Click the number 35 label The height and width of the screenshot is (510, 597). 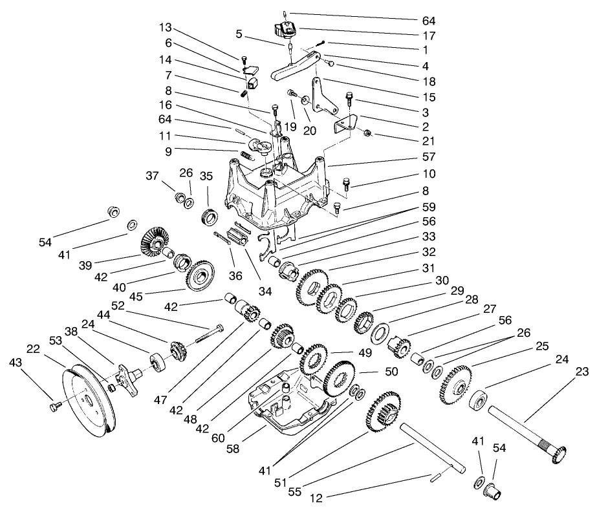tap(206, 175)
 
